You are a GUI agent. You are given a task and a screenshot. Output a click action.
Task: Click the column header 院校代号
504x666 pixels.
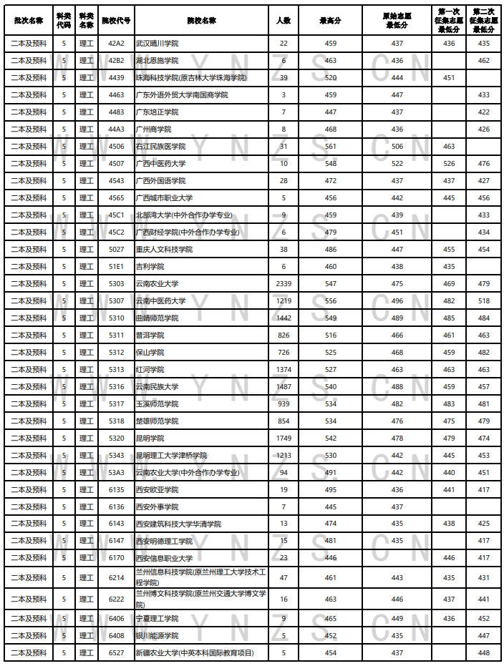pos(116,21)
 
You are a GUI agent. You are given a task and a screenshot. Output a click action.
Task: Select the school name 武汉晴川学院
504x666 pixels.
pos(158,44)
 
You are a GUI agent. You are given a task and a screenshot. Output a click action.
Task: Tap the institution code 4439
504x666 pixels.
pos(116,78)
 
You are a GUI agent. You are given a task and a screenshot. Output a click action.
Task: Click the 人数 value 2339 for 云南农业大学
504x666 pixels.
pos(283,284)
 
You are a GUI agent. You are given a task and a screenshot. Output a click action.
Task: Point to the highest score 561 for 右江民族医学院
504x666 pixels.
pos(330,147)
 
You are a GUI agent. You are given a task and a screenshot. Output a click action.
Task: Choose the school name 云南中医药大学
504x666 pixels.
pos(161,301)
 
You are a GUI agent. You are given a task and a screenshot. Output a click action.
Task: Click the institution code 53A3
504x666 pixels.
pos(116,473)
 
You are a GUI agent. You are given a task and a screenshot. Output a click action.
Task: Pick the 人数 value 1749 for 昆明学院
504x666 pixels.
pos(283,439)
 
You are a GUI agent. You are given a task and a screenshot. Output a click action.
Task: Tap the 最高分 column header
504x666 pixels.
pos(330,21)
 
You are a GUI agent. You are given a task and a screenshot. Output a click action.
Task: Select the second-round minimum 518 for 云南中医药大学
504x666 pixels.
pos(484,301)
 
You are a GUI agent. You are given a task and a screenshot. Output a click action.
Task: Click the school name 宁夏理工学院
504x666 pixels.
pos(157,619)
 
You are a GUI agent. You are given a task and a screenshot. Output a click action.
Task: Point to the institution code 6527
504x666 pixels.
pos(116,653)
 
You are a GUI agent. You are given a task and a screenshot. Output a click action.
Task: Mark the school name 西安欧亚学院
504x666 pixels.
pos(157,490)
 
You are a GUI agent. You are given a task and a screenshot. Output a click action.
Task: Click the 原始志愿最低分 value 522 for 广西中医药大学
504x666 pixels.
pos(397,164)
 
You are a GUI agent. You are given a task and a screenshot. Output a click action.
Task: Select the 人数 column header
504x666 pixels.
pos(283,21)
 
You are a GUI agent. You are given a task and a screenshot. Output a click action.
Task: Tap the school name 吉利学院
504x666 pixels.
pos(150,267)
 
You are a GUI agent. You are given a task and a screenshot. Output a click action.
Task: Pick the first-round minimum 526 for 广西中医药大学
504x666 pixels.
pos(449,164)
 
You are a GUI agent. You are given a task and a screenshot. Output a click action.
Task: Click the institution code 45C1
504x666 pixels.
pos(116,215)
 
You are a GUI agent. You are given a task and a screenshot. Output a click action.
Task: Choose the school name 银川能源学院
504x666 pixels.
pos(157,636)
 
